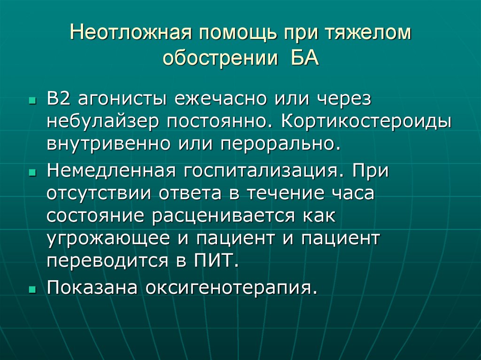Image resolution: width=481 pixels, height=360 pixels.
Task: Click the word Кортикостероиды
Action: (366, 122)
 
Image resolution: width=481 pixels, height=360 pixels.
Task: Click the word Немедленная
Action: (109, 171)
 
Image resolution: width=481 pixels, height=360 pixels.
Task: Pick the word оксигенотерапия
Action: (229, 287)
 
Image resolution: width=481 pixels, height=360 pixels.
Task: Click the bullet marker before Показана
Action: (31, 289)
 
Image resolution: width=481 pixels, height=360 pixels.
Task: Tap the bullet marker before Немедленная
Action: (31, 173)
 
